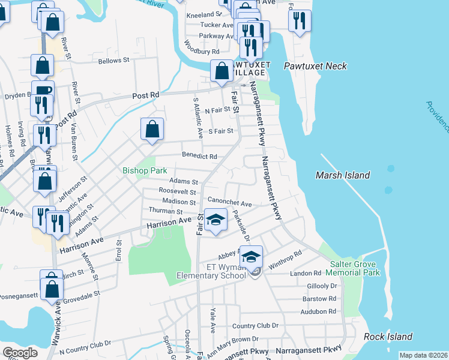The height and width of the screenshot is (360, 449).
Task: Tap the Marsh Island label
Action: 343,175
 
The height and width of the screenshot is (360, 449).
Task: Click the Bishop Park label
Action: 145,171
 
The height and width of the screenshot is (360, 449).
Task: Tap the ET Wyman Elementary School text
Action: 211,271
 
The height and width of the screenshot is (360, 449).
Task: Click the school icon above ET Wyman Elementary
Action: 252,256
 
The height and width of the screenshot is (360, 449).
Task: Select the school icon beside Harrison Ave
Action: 215,220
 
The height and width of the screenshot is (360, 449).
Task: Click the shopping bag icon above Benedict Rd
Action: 152,128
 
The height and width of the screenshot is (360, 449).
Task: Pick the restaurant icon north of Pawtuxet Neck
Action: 299,20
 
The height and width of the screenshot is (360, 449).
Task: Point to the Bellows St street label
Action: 114,61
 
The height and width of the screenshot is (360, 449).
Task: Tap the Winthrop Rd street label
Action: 283,263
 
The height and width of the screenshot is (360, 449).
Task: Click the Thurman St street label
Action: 166,211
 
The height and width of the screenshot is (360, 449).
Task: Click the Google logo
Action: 20,353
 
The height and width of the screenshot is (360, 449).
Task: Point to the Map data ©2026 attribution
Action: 423,355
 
